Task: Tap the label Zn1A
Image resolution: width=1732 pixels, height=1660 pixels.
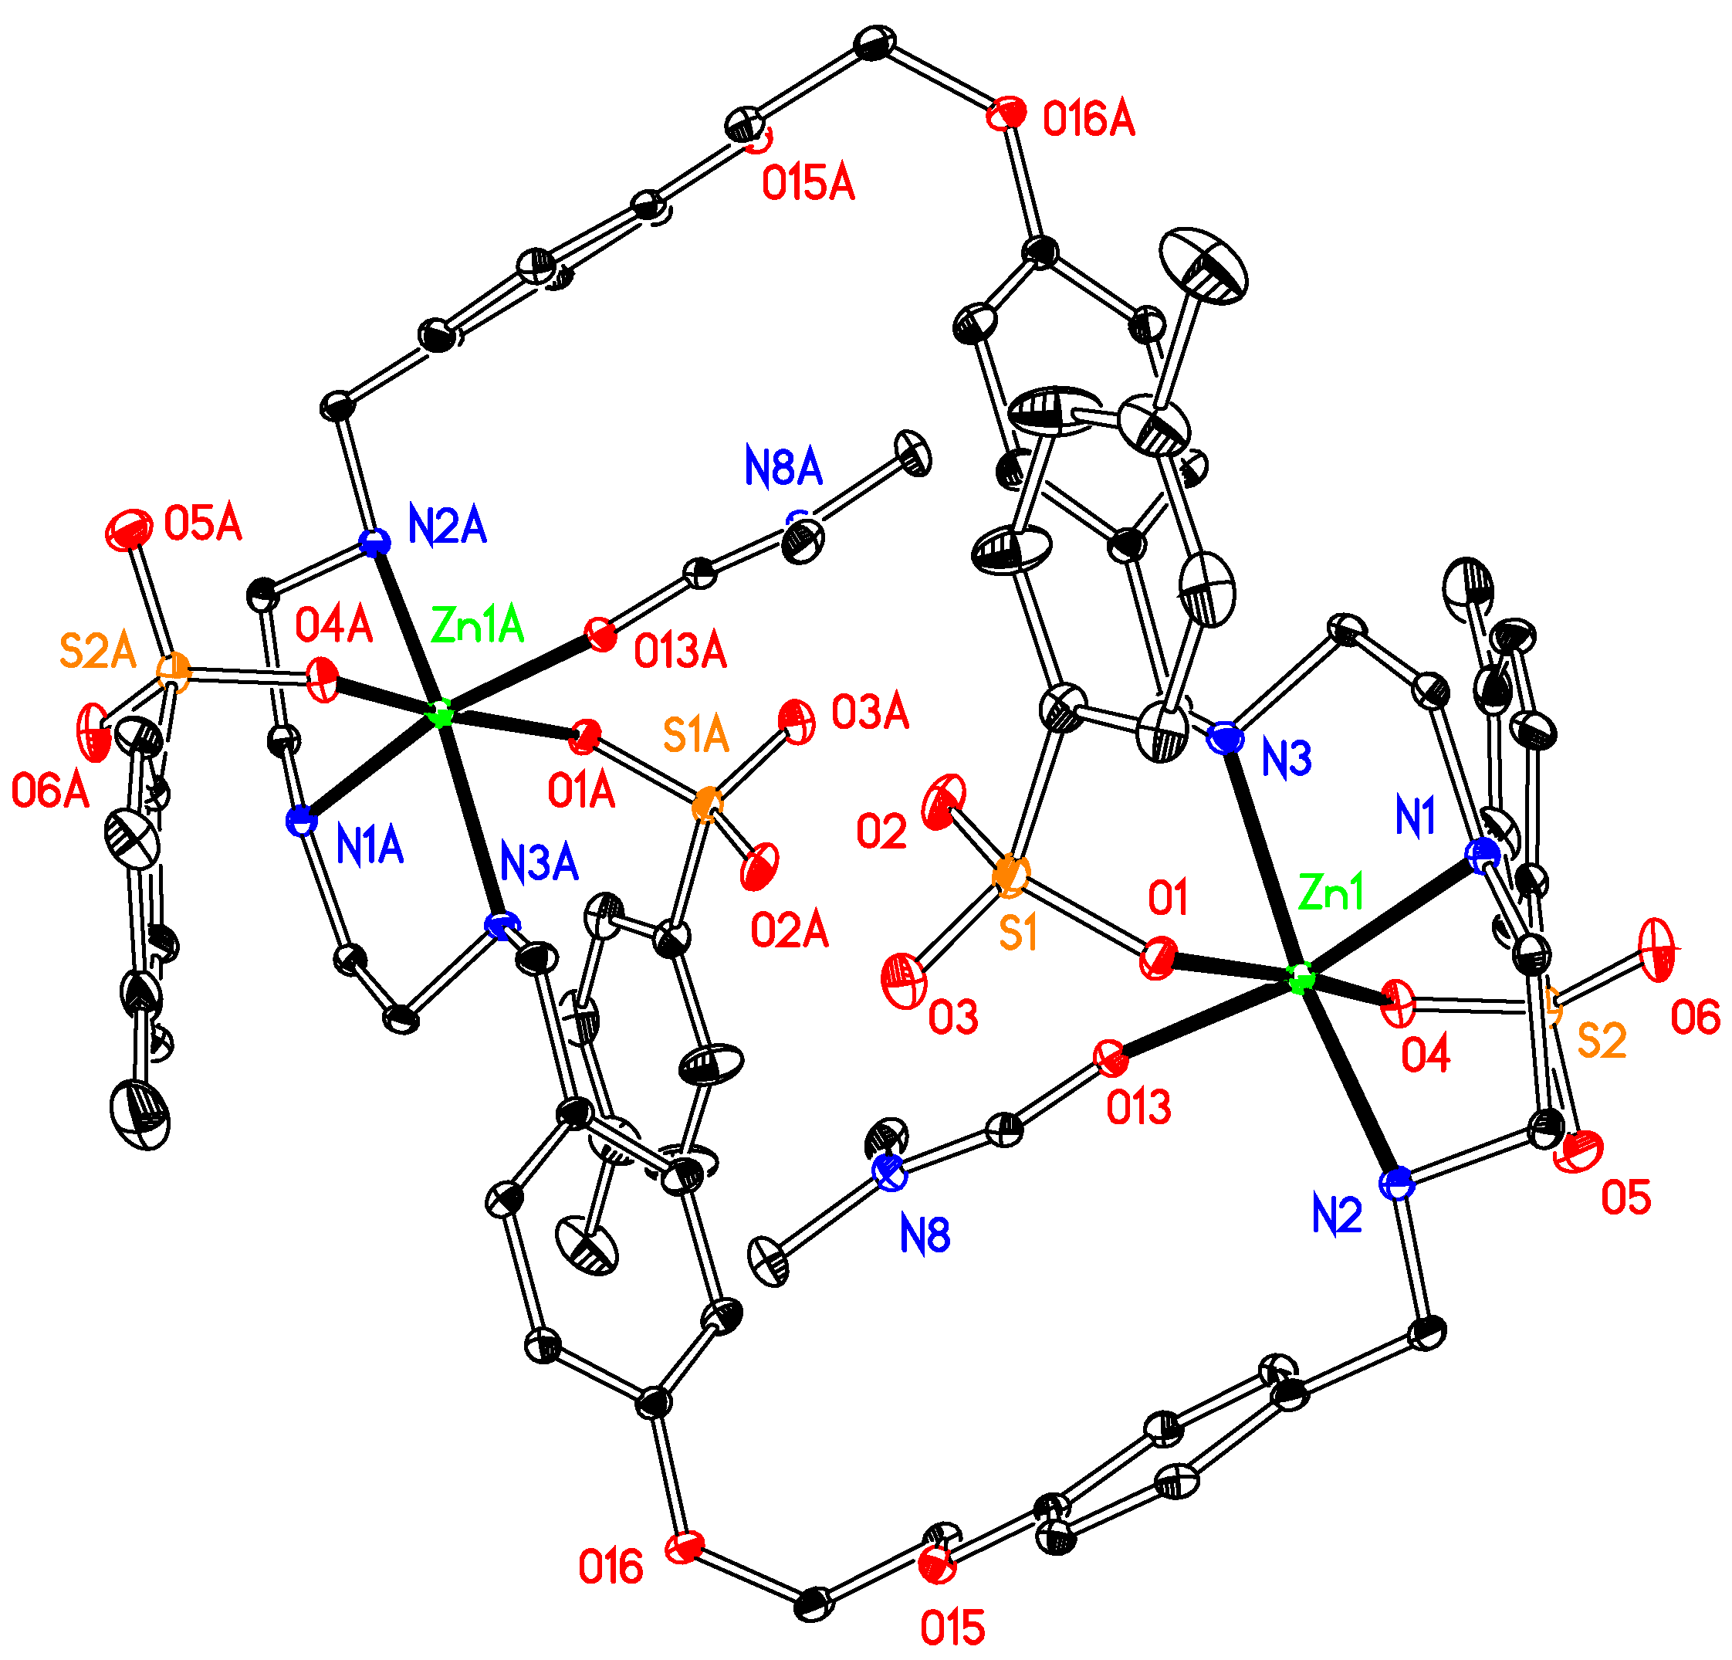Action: pyautogui.click(x=477, y=627)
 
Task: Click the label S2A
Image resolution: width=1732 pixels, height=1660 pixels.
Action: pyautogui.click(x=97, y=652)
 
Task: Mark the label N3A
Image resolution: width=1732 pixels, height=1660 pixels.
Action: pyautogui.click(x=538, y=862)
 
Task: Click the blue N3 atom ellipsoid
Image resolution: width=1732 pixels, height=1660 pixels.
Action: pyautogui.click(x=1226, y=738)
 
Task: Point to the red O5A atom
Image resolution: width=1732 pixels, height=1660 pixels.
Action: pyautogui.click(x=129, y=531)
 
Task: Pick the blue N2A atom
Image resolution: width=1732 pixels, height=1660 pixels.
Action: pyautogui.click(x=374, y=542)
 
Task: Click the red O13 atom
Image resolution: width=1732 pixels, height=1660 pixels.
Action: pyautogui.click(x=1110, y=1057)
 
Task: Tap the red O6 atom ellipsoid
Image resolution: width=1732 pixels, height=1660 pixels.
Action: pyautogui.click(x=1655, y=950)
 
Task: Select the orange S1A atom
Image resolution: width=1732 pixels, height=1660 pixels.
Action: pyautogui.click(x=706, y=805)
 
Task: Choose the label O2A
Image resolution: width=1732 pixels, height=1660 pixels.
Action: pyautogui.click(x=789, y=931)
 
